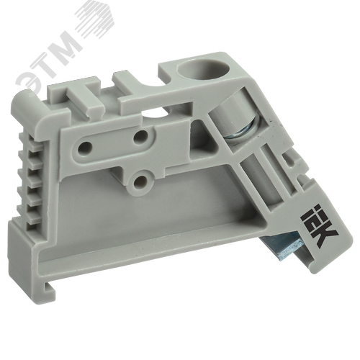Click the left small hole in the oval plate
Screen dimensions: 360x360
click(85, 147)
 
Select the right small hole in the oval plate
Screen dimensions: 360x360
click(140, 137)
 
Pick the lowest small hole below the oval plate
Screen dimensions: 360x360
click(140, 182)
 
